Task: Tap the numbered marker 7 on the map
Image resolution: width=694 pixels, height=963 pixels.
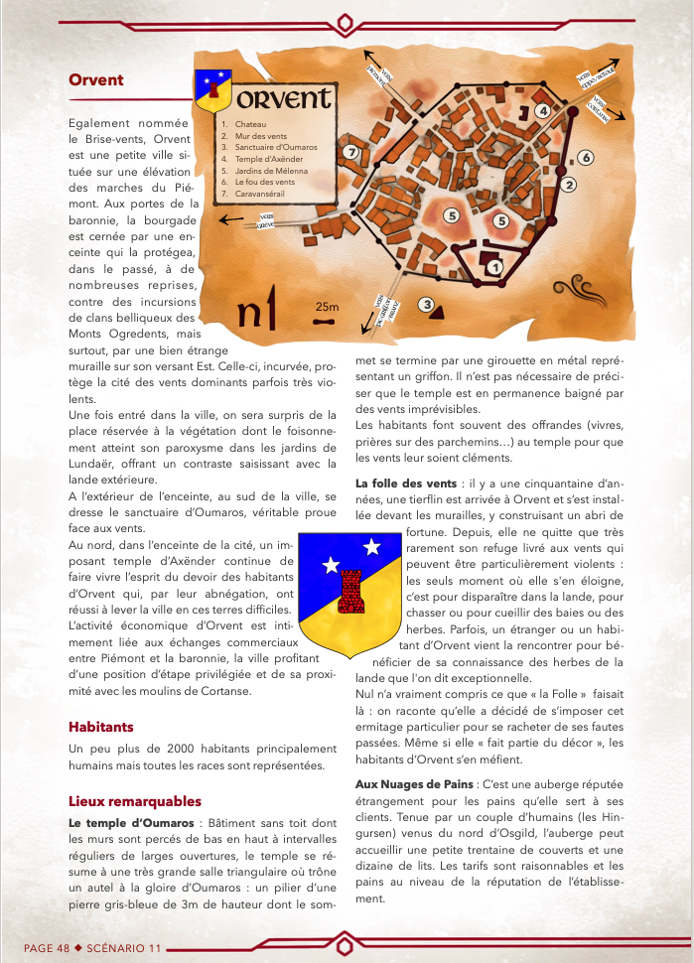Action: [x=349, y=153]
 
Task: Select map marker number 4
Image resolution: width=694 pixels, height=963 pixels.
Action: [x=542, y=111]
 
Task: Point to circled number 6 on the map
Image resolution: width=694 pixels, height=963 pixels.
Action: [x=586, y=158]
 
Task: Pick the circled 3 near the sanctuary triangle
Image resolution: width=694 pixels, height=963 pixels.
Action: [x=427, y=305]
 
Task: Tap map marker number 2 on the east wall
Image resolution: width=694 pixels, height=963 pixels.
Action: [x=569, y=184]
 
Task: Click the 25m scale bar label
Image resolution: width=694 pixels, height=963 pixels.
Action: [x=327, y=306]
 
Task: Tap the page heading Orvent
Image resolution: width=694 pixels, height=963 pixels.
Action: [x=96, y=80]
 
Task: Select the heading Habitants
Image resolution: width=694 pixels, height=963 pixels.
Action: [x=100, y=727]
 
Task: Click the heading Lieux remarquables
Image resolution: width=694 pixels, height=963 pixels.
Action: [x=135, y=800]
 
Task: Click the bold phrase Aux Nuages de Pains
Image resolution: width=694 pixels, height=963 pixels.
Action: [x=414, y=784]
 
